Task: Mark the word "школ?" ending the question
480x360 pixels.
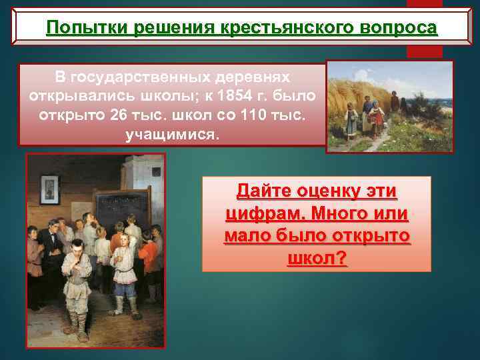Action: click(317, 258)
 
